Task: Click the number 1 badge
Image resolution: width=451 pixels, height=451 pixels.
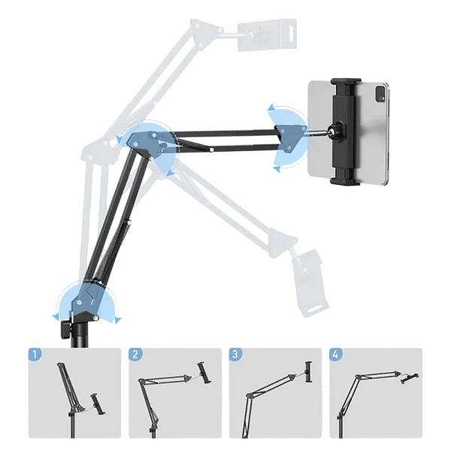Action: point(35,354)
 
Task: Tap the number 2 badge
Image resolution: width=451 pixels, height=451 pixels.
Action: point(135,354)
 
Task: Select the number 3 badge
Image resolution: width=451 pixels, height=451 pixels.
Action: point(235,354)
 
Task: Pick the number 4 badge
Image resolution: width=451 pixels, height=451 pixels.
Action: point(336,354)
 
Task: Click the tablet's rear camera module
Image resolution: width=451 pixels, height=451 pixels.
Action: point(380,93)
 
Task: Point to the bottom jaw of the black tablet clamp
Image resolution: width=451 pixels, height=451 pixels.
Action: point(344,179)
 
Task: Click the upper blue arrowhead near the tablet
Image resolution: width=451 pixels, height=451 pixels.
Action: point(272,107)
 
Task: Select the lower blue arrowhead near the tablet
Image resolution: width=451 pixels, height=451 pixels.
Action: point(277,169)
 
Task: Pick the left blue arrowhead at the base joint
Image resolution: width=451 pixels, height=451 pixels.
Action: point(56,316)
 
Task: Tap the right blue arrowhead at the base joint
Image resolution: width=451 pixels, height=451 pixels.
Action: point(118,320)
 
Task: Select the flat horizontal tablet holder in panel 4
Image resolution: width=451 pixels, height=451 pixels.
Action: point(410,378)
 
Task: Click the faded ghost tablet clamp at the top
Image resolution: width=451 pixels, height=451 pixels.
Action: point(266,35)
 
